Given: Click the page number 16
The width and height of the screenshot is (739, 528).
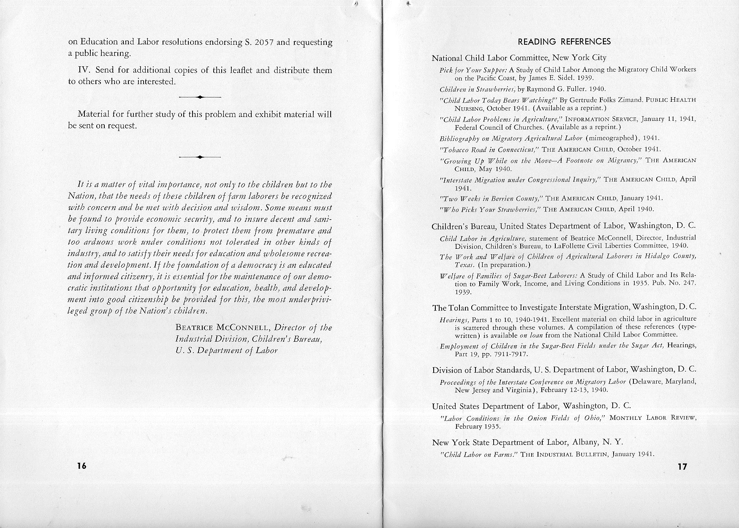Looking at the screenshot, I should point(82,466).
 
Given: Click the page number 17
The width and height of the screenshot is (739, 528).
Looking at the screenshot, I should point(682,467).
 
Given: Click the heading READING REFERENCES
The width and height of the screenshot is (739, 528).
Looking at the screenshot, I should point(564,41).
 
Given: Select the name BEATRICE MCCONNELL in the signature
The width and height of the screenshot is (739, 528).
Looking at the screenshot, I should point(223,328).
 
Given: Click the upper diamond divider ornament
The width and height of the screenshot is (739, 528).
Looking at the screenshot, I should point(200,98).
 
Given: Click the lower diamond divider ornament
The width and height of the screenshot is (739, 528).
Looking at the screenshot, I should point(200,157).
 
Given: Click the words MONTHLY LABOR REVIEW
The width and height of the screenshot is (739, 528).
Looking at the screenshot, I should point(653,418).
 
